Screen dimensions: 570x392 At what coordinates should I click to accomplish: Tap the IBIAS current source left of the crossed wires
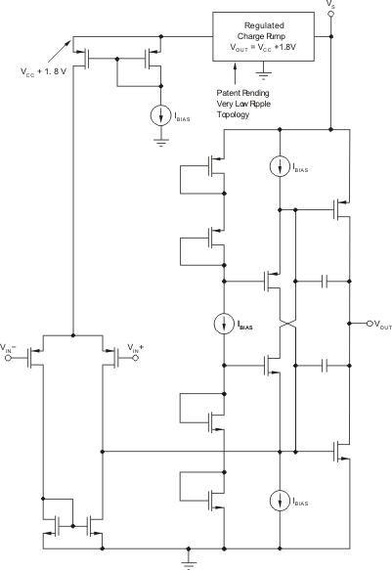(225, 324)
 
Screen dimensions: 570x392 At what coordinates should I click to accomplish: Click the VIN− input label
(9, 348)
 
